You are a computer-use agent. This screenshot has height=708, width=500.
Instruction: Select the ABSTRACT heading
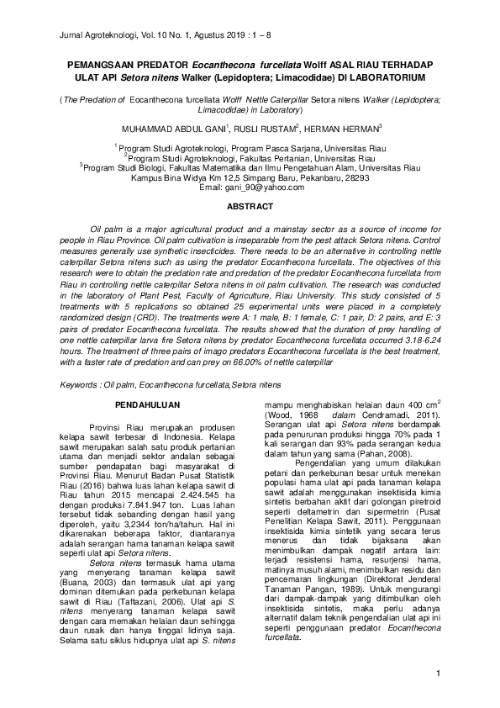pos(250,206)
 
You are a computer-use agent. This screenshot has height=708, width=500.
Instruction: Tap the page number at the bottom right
pos(439,674)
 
